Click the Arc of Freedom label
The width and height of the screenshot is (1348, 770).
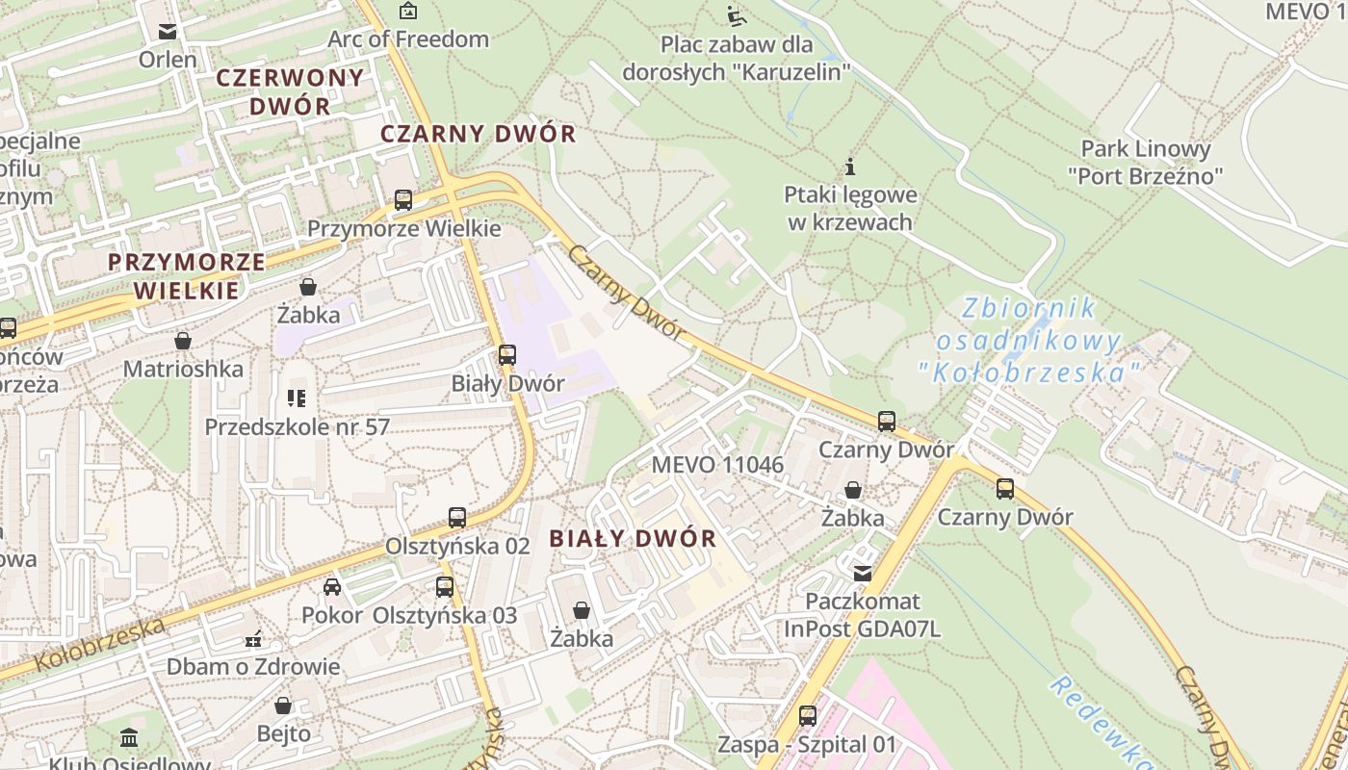click(x=408, y=39)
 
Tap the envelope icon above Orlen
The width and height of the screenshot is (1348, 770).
click(x=168, y=32)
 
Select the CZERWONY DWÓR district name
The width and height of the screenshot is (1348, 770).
click(x=290, y=91)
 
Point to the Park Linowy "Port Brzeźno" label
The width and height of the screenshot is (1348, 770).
click(x=1145, y=162)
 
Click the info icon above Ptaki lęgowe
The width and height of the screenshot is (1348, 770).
click(x=850, y=167)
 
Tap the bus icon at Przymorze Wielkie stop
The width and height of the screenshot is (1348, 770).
click(x=403, y=200)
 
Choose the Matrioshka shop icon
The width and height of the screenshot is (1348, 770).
click(x=183, y=341)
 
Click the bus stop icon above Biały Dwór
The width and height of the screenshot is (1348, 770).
click(x=507, y=355)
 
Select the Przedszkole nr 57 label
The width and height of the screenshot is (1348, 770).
click(x=297, y=426)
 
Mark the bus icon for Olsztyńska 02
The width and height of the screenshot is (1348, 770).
click(x=457, y=518)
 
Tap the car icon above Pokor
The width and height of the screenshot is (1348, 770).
click(x=332, y=587)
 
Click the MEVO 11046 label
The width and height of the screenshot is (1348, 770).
click(x=717, y=465)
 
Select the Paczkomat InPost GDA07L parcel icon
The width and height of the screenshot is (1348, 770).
click(x=863, y=573)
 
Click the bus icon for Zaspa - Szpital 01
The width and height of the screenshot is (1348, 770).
click(x=808, y=716)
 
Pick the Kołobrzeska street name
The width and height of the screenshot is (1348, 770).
click(x=100, y=645)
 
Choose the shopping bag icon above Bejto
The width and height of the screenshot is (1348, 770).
click(x=283, y=706)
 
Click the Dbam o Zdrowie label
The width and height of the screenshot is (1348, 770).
click(x=253, y=667)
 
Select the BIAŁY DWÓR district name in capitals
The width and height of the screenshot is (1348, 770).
click(x=633, y=539)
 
